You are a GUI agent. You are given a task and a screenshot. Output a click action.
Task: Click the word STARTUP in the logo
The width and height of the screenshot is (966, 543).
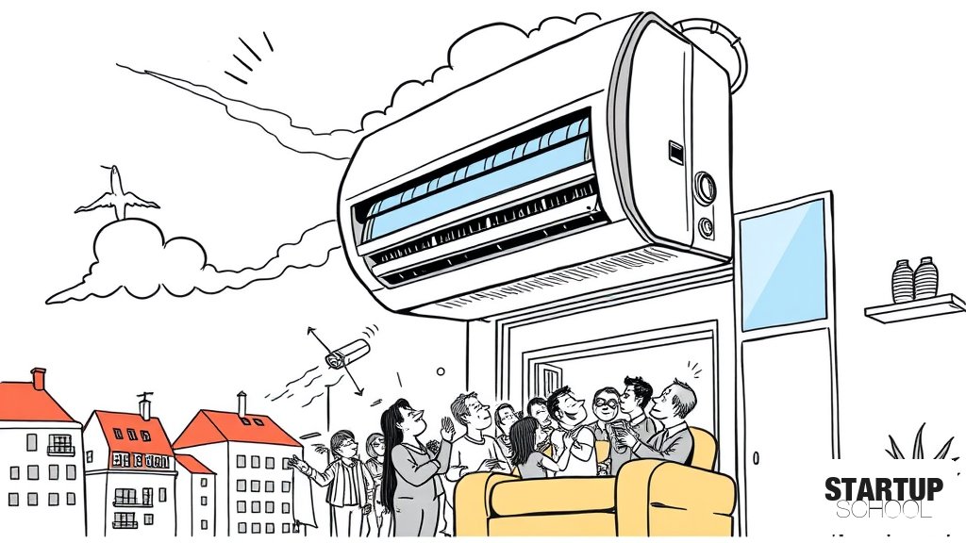tap(883, 489)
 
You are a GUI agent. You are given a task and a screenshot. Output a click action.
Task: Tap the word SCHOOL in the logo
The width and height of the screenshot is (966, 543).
tap(883, 510)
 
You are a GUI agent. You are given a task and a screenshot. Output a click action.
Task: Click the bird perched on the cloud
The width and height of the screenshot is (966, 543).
tap(117, 192)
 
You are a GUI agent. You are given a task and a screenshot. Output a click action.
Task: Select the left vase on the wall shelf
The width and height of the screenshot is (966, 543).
tap(903, 281)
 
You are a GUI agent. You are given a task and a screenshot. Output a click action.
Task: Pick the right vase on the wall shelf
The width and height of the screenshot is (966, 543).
tap(925, 278)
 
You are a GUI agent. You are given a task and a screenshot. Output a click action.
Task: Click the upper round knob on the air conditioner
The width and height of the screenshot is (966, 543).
tap(705, 188)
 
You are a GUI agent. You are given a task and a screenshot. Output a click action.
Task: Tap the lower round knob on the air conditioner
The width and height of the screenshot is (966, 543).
tap(707, 227)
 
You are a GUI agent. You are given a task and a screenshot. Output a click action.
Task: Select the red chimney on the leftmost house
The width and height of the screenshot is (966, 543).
tap(38, 379)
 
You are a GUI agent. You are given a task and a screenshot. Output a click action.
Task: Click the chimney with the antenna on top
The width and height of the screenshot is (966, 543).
tap(144, 406)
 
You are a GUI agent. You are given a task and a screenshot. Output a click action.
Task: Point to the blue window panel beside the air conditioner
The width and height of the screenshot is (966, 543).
tap(783, 265)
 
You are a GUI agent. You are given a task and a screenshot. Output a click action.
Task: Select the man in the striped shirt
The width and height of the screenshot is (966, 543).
tap(338, 477)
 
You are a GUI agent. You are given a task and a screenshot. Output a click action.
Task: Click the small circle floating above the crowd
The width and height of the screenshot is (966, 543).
tap(441, 371)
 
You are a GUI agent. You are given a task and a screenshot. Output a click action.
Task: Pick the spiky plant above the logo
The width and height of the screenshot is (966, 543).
tap(918, 443)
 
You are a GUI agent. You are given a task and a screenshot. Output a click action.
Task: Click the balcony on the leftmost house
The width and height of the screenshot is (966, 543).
tap(61, 450)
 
